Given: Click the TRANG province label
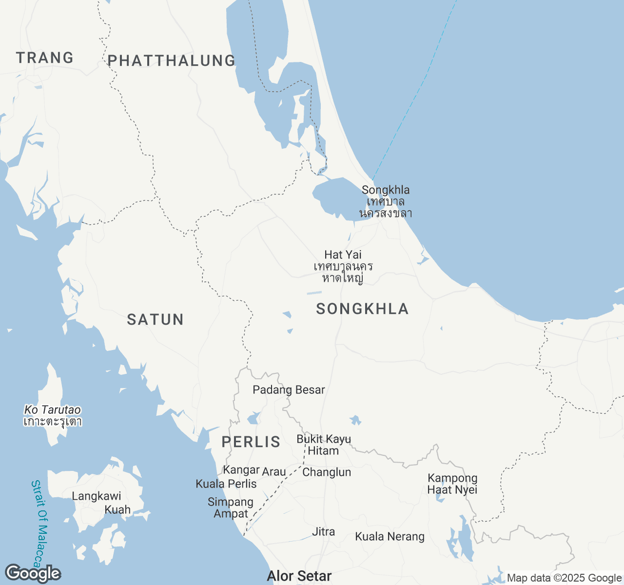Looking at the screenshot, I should [45, 58].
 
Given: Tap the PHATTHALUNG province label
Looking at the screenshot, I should [172, 60].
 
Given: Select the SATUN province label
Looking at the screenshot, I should [156, 319].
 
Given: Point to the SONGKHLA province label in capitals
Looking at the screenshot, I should [362, 309].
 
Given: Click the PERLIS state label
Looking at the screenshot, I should [251, 442].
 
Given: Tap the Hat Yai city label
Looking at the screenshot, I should [343, 254].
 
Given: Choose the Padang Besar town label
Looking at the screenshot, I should [289, 390].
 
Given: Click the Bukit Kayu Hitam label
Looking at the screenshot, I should [324, 445].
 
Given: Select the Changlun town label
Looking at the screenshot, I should [327, 472].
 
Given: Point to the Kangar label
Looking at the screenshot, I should [241, 470].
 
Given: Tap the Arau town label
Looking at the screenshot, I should [274, 472].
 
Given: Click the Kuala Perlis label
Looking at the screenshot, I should [226, 484].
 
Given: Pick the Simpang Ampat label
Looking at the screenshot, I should [231, 507].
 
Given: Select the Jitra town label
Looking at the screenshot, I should [323, 531].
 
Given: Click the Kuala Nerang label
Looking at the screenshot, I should [390, 537].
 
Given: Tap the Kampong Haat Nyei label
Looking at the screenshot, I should [452, 484].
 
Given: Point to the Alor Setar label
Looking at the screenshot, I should [299, 576].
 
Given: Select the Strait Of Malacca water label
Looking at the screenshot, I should [40, 524].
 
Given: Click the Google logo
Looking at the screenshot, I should [33, 574].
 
